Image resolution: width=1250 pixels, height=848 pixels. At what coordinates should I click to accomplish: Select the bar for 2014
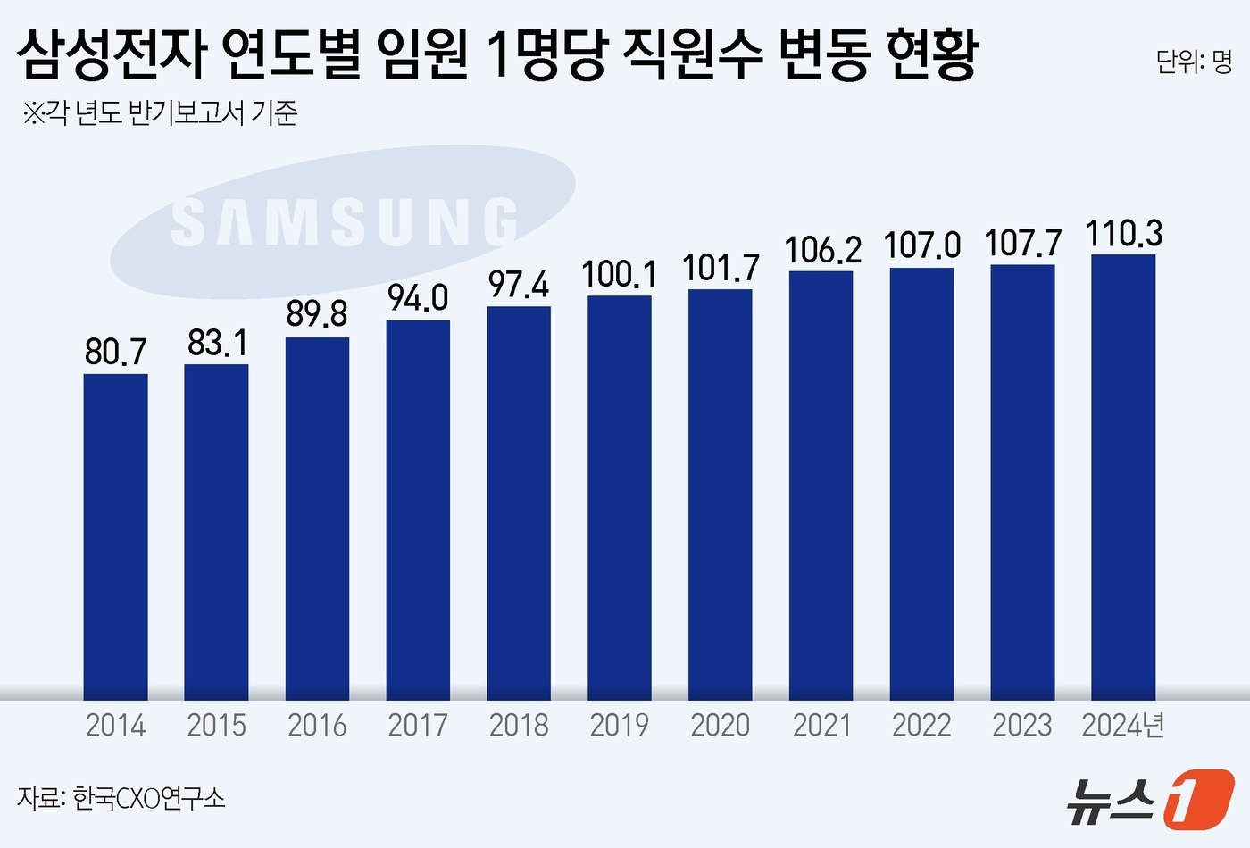(116, 536)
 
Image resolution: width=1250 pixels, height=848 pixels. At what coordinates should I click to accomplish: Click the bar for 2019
(620, 497)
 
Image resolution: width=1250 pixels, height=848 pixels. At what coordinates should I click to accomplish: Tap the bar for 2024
(1123, 477)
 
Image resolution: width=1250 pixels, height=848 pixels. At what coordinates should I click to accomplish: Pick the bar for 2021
(821, 485)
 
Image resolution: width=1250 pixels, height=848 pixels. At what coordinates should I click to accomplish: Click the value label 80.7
(116, 352)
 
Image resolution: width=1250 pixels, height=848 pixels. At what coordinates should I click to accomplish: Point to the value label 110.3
(1124, 233)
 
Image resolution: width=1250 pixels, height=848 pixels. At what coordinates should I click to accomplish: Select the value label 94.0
(418, 298)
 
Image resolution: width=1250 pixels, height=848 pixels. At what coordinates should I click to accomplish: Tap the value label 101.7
(721, 268)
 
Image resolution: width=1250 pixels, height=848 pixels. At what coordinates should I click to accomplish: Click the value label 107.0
(922, 245)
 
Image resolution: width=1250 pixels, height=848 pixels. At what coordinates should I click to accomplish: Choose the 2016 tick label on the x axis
(317, 725)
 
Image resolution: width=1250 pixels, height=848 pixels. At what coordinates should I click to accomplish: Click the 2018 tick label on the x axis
(519, 725)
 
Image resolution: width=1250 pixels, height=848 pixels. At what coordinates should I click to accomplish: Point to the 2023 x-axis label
(1022, 725)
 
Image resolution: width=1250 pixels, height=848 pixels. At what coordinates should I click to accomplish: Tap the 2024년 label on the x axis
(1123, 725)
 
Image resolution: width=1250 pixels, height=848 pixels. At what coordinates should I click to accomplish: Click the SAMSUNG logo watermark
(344, 221)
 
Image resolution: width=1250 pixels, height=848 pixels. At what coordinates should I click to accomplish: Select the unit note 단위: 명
(1194, 61)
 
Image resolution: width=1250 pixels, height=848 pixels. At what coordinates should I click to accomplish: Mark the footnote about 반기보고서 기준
(161, 113)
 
